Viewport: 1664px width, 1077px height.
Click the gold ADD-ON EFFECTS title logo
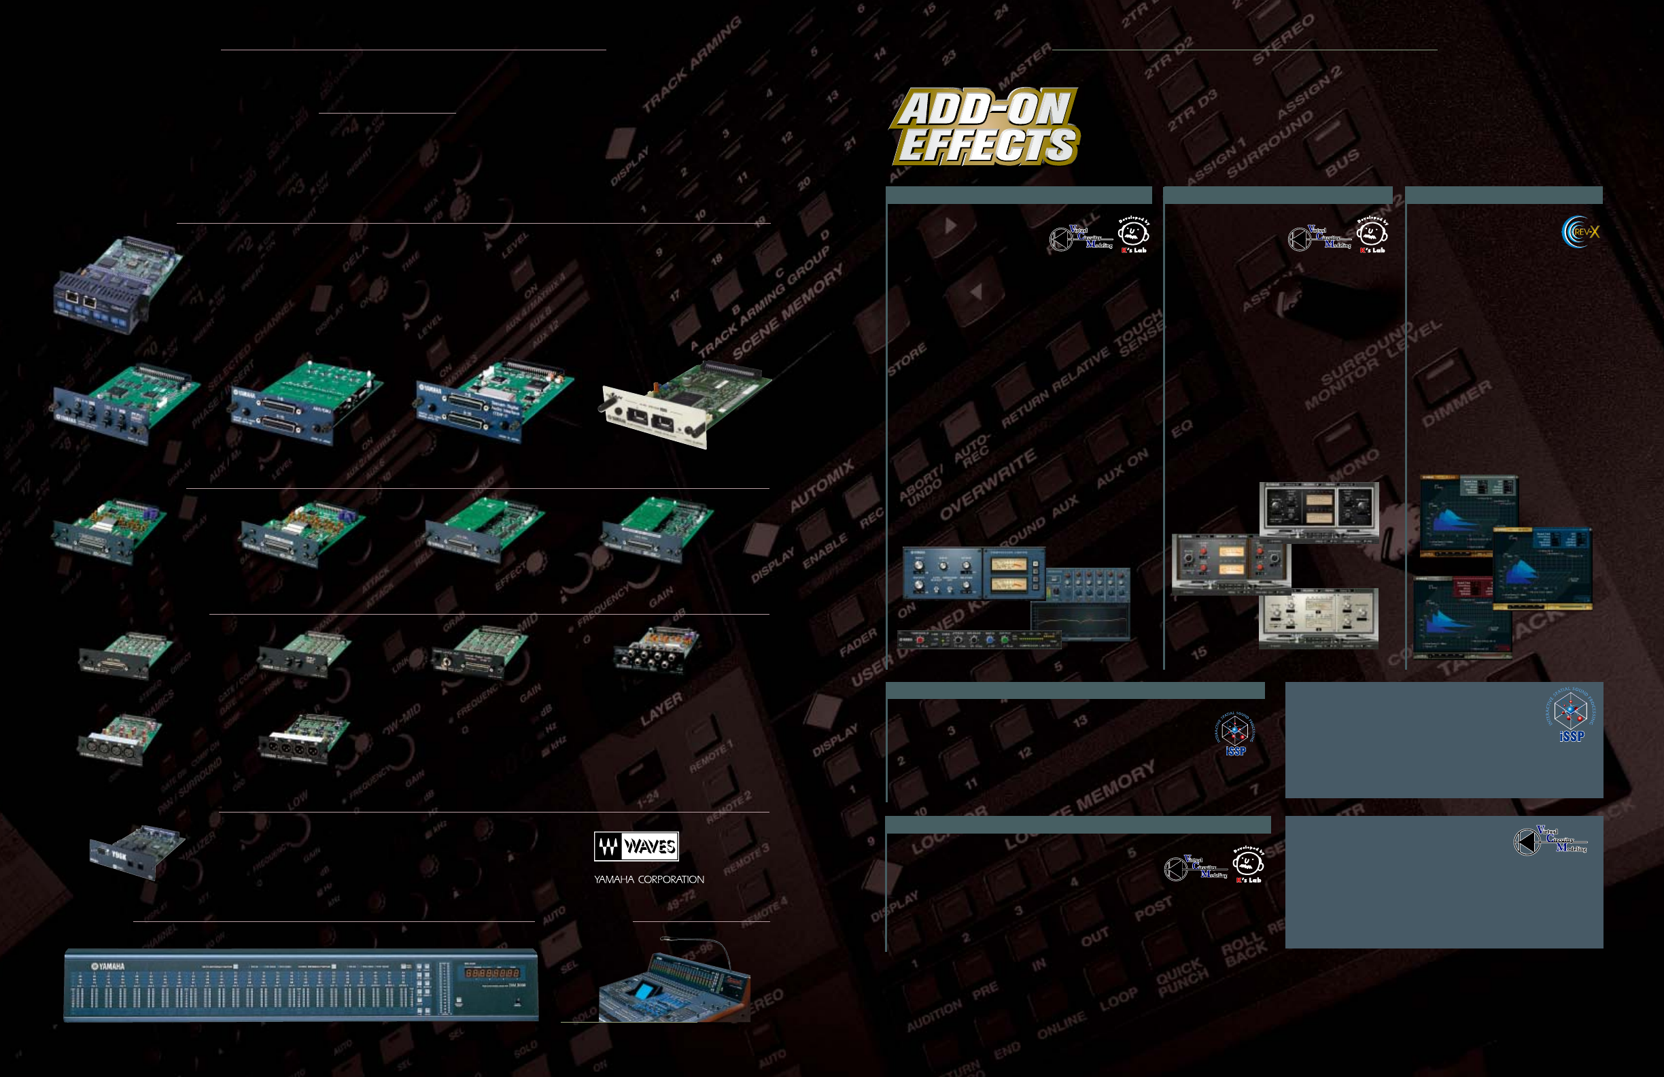(x=984, y=126)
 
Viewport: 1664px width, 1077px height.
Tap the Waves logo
(x=636, y=847)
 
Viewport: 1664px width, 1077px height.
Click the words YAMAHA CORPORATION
(x=649, y=880)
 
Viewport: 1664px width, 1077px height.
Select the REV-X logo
(x=1580, y=232)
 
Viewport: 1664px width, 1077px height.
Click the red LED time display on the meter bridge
(x=492, y=973)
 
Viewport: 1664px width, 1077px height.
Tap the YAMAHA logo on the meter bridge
(x=107, y=966)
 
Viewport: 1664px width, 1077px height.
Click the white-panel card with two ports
(x=685, y=406)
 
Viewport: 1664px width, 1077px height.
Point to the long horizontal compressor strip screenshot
(x=979, y=638)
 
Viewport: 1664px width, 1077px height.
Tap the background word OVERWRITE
(x=987, y=485)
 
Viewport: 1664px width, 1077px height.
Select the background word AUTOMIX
(x=822, y=486)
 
